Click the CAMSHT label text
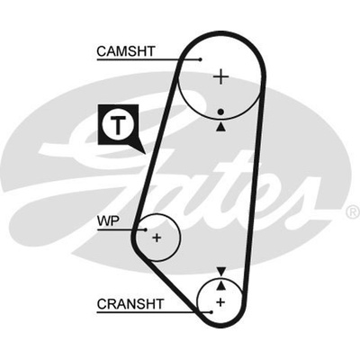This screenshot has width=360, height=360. pyautogui.click(x=126, y=51)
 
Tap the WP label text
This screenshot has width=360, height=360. pyautogui.click(x=108, y=221)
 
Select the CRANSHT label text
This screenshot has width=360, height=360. pyautogui.click(x=130, y=304)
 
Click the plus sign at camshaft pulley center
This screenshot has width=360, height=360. pyautogui.click(x=221, y=76)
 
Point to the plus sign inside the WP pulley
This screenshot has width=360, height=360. pyautogui.click(x=157, y=238)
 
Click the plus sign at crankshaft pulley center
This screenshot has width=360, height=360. pyautogui.click(x=220, y=301)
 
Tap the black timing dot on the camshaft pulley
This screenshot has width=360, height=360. pyautogui.click(x=221, y=112)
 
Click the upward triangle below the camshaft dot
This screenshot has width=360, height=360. pyautogui.click(x=221, y=127)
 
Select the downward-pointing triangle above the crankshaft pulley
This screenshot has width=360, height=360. pyautogui.click(x=221, y=272)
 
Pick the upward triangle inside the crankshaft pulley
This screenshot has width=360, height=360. pyautogui.click(x=221, y=285)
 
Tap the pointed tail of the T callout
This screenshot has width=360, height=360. pyautogui.click(x=145, y=154)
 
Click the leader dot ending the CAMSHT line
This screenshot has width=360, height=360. pyautogui.click(x=201, y=59)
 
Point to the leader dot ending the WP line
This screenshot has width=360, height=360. pyautogui.click(x=146, y=230)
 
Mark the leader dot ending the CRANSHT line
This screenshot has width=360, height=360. pyautogui.click(x=211, y=312)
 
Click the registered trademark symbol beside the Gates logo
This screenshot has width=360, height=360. pyautogui.click(x=354, y=212)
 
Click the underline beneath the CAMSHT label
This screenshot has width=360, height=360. pyautogui.click(x=148, y=59)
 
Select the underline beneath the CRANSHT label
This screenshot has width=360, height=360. pyautogui.click(x=154, y=312)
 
